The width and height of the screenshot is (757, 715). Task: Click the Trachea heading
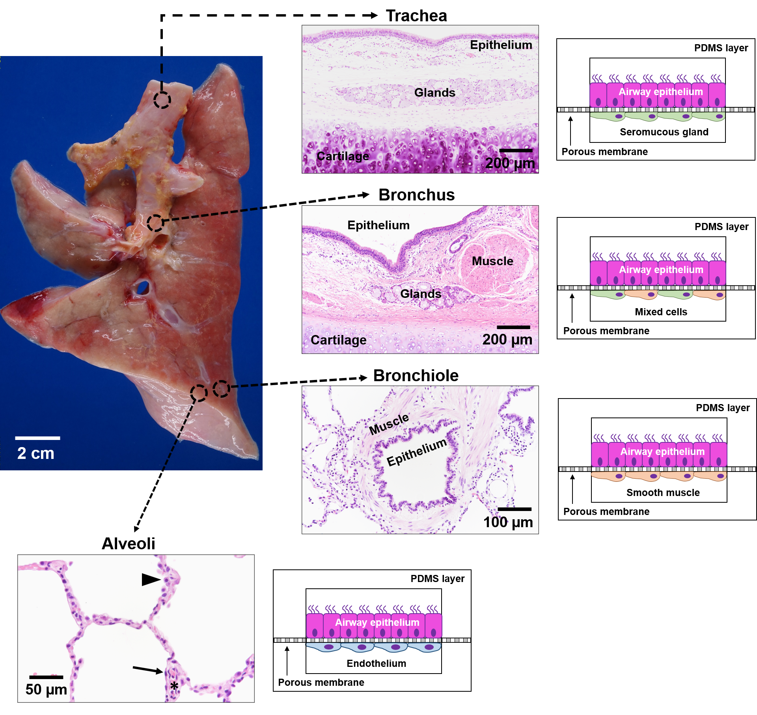416,16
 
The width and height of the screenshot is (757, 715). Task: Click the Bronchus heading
417,195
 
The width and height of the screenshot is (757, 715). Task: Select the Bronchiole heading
416,376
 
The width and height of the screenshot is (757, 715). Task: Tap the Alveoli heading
129,543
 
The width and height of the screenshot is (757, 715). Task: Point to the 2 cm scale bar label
36,453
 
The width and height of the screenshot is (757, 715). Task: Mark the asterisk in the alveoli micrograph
174,687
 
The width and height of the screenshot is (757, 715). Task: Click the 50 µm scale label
46,689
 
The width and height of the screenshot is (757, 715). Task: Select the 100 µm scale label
508,522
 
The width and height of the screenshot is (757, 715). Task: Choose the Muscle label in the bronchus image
492,261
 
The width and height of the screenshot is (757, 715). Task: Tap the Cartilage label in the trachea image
343,156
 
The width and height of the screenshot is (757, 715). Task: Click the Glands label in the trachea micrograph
435,92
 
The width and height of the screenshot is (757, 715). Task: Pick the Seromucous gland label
664,132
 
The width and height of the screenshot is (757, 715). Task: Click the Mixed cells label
661,312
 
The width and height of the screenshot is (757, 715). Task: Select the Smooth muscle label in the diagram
663,492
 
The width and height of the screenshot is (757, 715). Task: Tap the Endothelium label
376,663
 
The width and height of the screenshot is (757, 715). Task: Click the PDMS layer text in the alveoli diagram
438,579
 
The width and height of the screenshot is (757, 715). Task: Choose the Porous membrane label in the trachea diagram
604,152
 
